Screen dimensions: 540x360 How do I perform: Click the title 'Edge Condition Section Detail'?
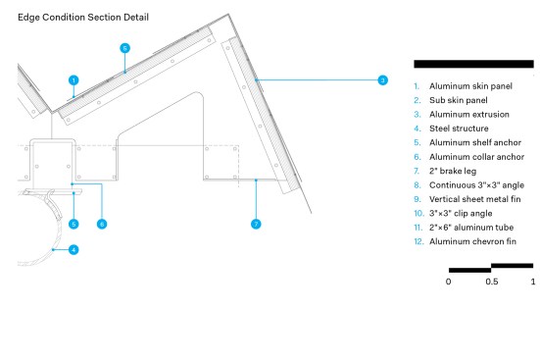coord(83,18)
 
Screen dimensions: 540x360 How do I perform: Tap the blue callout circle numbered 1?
coord(74,80)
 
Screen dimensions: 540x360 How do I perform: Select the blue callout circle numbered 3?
coord(382,80)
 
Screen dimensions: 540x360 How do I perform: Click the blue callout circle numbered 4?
coord(74,250)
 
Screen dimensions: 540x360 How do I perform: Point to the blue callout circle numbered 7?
coord(256,224)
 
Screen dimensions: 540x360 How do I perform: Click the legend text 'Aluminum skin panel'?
coord(470,86)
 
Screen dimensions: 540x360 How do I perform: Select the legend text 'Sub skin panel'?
coord(458,100)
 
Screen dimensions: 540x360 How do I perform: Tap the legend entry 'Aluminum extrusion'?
coord(469,115)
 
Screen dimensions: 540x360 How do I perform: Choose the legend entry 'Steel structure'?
coord(459,129)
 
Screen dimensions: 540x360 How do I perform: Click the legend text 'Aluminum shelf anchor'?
coord(475,143)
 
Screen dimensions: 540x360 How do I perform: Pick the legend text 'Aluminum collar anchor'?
coord(476,157)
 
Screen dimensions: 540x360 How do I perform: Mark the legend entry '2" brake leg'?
coord(453,171)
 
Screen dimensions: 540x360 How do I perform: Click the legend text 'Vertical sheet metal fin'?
coord(474,199)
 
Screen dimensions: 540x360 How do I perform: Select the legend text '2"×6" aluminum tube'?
coord(471,228)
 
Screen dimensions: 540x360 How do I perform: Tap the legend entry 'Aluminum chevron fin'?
coord(472,241)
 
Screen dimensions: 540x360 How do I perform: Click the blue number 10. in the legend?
coord(418,214)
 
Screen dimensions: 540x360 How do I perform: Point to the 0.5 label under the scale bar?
coord(491,282)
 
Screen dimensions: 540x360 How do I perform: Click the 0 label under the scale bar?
coord(448,282)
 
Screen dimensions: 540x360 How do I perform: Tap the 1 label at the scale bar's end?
coord(533,282)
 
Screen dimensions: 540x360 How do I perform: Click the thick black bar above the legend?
coord(473,64)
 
